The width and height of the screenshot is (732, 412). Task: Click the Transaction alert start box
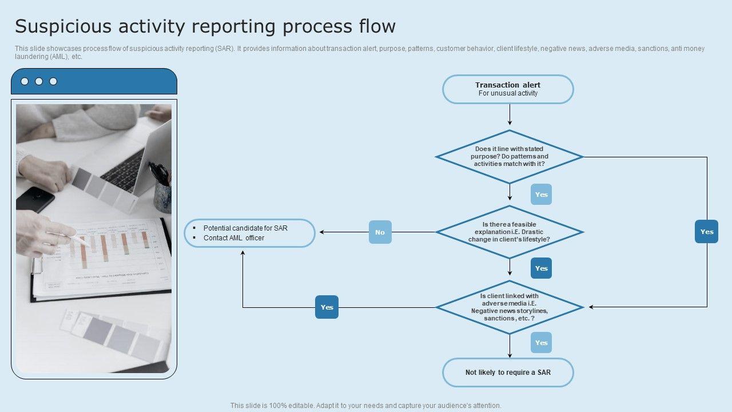[508, 89]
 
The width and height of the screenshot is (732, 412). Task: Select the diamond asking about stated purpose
[509, 157]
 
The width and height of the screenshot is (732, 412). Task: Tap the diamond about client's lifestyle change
[509, 232]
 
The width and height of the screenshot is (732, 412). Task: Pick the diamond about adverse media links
[509, 307]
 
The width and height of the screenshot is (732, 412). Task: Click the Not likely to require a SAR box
[508, 373]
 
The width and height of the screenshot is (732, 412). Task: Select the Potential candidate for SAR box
[249, 233]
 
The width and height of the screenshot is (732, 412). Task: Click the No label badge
[380, 232]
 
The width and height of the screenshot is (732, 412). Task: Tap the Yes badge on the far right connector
[707, 232]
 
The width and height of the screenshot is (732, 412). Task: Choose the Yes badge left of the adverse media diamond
[327, 307]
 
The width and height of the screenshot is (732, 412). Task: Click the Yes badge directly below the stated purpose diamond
[541, 195]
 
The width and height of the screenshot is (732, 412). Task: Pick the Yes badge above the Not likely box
[541, 343]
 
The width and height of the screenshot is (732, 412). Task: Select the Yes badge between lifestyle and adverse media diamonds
[541, 268]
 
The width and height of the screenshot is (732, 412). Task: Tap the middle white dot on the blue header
[39, 81]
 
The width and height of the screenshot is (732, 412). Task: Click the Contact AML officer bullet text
[234, 238]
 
